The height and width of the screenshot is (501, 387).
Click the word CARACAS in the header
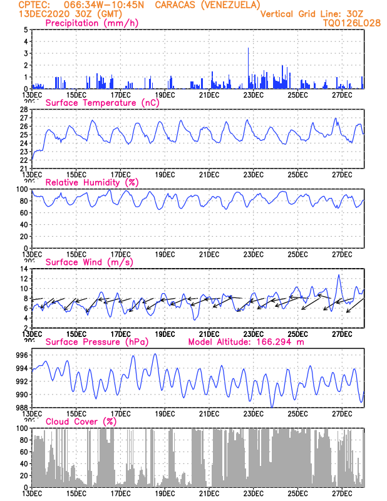pos(177,5)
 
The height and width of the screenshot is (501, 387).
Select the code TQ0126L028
pos(351,23)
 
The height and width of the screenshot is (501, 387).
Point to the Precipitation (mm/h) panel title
pos(92,23)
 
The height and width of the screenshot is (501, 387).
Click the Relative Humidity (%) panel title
pos(91,182)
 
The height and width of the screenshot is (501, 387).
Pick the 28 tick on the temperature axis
pos(23,110)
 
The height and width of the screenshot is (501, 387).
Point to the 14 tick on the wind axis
pos(23,269)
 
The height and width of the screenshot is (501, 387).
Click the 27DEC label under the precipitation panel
pos(342,95)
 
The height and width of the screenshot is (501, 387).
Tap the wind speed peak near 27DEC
pos(339,275)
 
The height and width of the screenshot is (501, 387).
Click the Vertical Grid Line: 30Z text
pos(311,14)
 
